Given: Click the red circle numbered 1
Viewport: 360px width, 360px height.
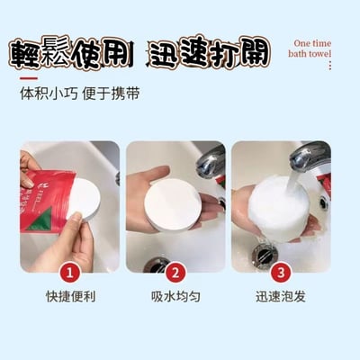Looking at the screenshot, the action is [x=70, y=273].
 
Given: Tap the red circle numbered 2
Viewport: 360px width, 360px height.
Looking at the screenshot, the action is [x=175, y=273].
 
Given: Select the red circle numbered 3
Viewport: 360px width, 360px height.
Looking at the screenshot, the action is [x=281, y=273].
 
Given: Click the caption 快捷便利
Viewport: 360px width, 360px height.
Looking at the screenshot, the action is [x=71, y=297].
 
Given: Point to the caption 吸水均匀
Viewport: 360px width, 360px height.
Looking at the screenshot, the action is [x=175, y=297].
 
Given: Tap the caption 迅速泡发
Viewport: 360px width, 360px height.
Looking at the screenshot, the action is [x=281, y=297].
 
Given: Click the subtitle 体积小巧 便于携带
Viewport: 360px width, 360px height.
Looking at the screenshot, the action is [x=80, y=94].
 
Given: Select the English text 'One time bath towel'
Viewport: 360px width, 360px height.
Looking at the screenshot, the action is [x=310, y=49].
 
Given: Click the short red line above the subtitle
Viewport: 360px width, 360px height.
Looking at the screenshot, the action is [x=29, y=78].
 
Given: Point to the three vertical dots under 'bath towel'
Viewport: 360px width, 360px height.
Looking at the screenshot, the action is [x=330, y=66].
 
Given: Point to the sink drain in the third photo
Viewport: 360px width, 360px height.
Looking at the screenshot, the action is [x=265, y=255].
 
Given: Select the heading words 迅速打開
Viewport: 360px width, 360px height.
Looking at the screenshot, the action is [x=210, y=51].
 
